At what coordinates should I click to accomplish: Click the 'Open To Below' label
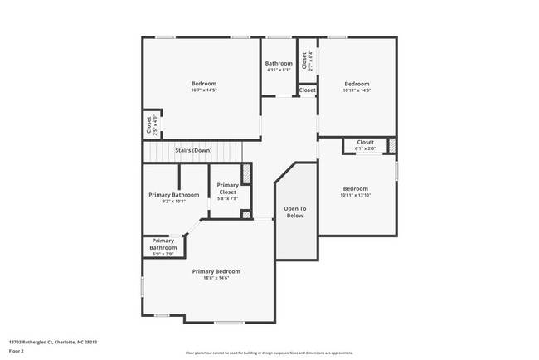pos(295,212)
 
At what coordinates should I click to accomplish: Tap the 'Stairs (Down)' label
pos(193,150)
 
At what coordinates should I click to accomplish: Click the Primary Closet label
pos(227,188)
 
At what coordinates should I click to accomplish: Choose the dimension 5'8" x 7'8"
pos(227,198)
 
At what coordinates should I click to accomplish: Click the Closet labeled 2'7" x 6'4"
pos(306,60)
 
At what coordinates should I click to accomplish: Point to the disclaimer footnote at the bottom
pos(269,353)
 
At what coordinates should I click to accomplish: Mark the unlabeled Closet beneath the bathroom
pos(307,90)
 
